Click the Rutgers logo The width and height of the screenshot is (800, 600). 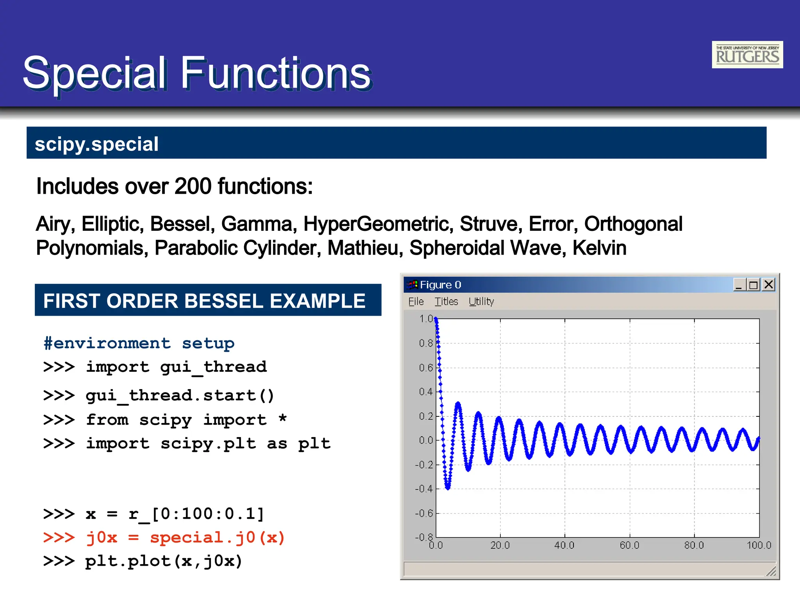pyautogui.click(x=747, y=55)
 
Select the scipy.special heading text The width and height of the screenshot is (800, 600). pyautogui.click(x=96, y=144)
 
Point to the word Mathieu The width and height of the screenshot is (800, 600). pyautogui.click(x=365, y=248)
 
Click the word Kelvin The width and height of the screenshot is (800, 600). pyautogui.click(x=599, y=248)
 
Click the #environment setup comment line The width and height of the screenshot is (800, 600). pyautogui.click(x=139, y=343)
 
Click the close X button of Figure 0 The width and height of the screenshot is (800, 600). pyautogui.click(x=769, y=284)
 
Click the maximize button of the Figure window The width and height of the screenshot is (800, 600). pyautogui.click(x=754, y=284)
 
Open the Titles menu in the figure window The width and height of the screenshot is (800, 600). pyautogui.click(x=446, y=302)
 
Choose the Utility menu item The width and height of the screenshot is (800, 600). pyautogui.click(x=481, y=302)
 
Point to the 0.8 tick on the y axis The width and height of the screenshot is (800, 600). pyautogui.click(x=426, y=343)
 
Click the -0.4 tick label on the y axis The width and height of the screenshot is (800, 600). pyautogui.click(x=424, y=489)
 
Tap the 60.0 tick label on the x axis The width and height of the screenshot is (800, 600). pyautogui.click(x=629, y=545)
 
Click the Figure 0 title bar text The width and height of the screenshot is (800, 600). pyautogui.click(x=440, y=285)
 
